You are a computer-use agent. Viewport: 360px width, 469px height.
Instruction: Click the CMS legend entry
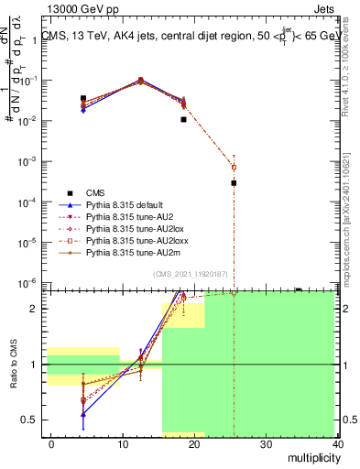94,192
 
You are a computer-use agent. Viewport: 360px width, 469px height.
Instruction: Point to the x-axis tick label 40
338,444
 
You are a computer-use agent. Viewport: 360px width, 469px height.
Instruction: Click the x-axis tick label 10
123,444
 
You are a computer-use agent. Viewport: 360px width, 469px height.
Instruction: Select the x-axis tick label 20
194,444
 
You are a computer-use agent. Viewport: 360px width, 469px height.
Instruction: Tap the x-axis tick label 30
267,444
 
